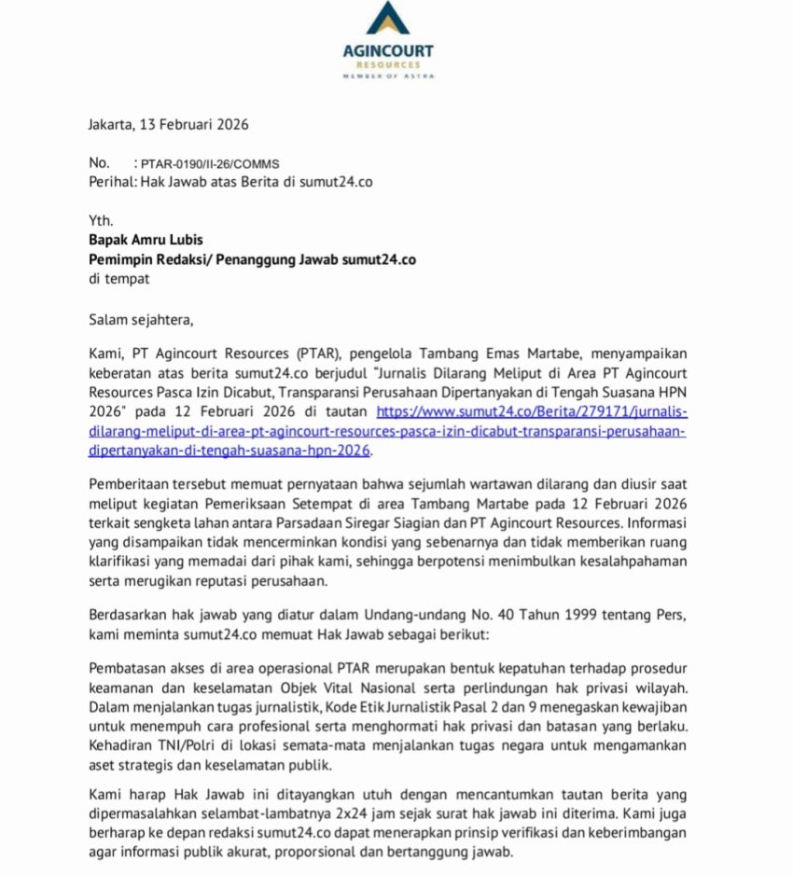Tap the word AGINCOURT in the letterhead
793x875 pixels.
[387, 51]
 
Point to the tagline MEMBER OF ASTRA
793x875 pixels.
[387, 76]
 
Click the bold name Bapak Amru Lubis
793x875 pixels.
[146, 240]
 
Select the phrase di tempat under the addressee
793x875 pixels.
[118, 278]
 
